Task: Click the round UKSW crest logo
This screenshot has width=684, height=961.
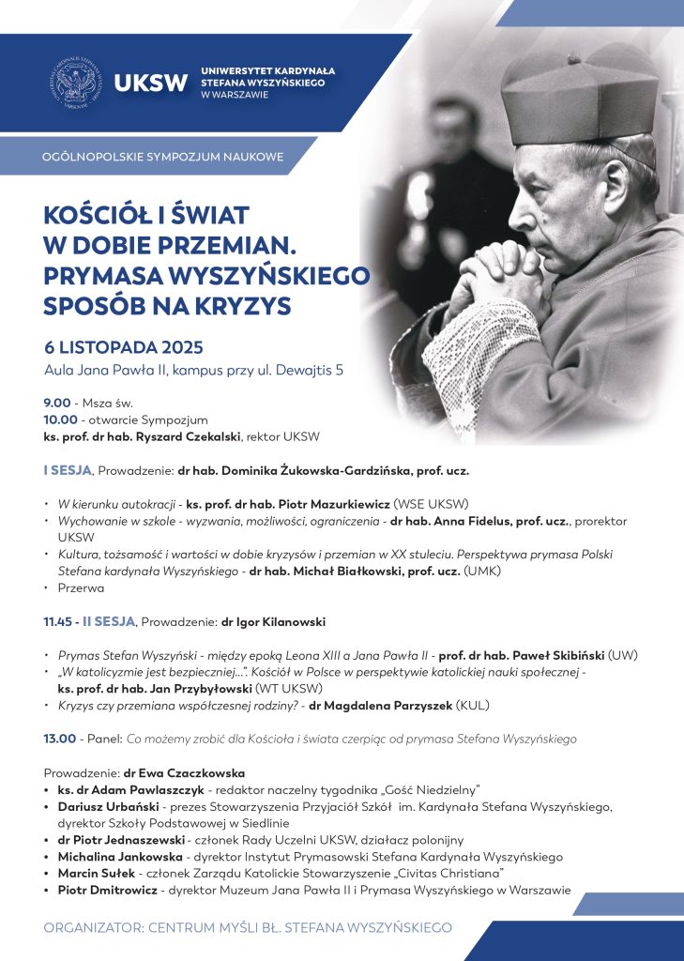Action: [76, 83]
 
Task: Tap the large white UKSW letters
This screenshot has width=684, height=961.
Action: [150, 83]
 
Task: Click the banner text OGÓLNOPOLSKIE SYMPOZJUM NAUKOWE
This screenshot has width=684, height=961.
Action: [163, 156]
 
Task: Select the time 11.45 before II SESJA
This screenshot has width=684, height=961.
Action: [60, 620]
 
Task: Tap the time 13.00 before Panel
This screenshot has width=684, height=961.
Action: [60, 739]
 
